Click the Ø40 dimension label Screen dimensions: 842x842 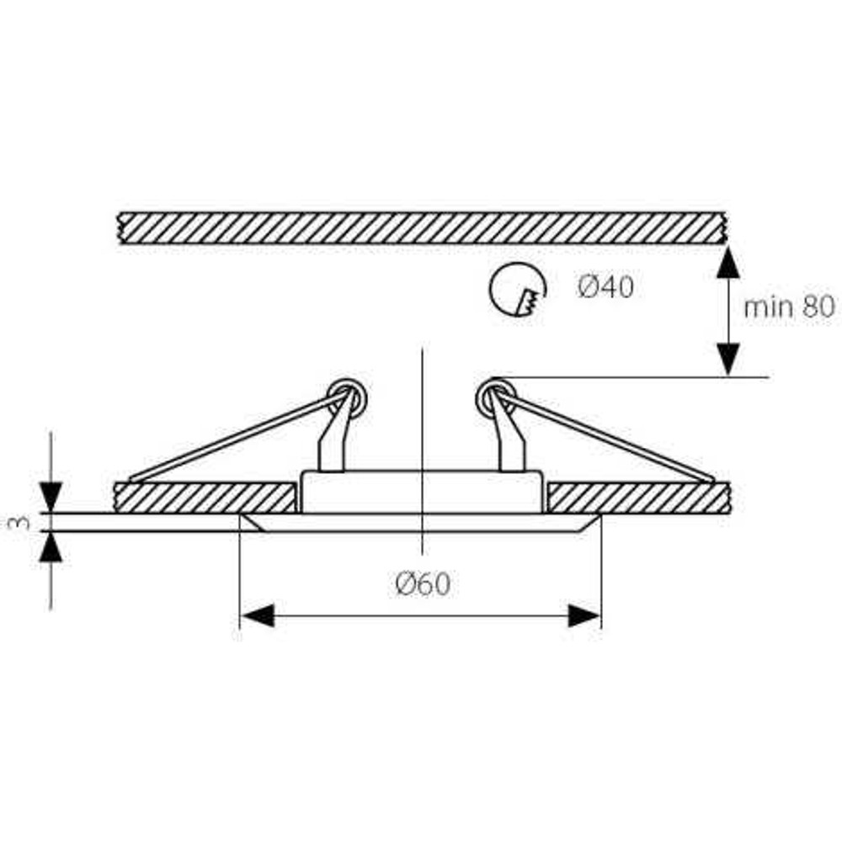pos(605,286)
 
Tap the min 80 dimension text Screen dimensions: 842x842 pos(789,306)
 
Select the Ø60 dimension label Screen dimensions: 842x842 pos(423,584)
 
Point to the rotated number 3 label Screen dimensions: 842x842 pos(20,522)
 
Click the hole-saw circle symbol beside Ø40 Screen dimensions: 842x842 pos(518,290)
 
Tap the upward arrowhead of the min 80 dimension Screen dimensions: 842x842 pos(727,263)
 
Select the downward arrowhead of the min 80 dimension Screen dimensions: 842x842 pos(727,360)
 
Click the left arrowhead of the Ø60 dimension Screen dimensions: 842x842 pos(258,616)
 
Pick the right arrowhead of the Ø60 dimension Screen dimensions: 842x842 pos(584,616)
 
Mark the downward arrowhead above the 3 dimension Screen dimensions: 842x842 pos(51,497)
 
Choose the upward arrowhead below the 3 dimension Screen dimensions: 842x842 pos(51,546)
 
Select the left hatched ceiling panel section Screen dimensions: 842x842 pos(205,498)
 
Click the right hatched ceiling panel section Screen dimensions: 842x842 pos(638,498)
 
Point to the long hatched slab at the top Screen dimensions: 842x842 pos(422,228)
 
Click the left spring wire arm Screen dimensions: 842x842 pos(239,436)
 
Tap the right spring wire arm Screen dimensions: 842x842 pos(605,435)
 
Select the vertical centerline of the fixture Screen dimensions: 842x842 pos(423,451)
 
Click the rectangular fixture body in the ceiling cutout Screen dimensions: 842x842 pos(422,492)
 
